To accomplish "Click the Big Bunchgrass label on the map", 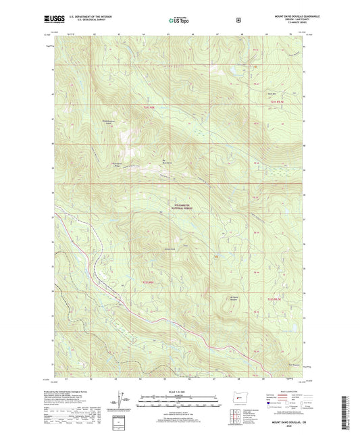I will [167, 161].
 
